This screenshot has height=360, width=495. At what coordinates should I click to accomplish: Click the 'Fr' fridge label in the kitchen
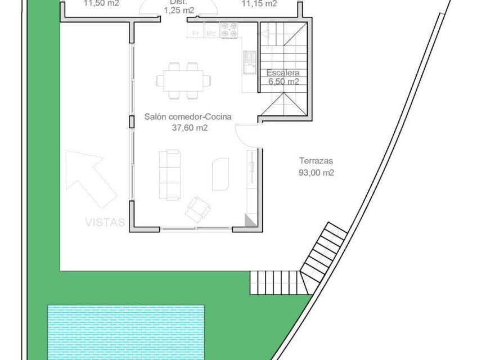(196, 33)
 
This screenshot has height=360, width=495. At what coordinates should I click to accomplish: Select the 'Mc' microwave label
(211, 33)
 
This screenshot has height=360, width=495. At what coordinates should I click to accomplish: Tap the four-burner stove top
(228, 30)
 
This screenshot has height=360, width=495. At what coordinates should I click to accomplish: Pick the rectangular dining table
(184, 80)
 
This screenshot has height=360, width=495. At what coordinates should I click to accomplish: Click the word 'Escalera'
(283, 73)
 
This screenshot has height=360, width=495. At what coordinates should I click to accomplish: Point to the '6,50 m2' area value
(283, 82)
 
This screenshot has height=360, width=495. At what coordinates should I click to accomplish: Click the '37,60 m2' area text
(190, 128)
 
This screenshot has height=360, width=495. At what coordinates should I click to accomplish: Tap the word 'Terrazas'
(316, 160)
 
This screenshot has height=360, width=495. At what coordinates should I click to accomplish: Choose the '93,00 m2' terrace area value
(316, 173)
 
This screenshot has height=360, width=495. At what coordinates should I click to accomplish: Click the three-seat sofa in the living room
(169, 174)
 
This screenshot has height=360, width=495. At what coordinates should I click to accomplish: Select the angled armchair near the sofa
(198, 209)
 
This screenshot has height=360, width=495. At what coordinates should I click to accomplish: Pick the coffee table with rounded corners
(220, 173)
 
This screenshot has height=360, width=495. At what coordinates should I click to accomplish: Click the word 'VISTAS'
(105, 222)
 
